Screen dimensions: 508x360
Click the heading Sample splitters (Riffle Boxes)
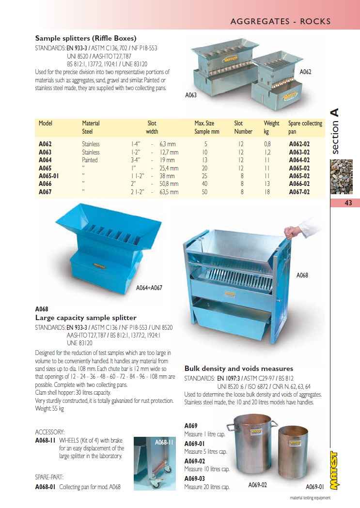tap(86, 38)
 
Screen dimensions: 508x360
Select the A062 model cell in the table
tap(45, 144)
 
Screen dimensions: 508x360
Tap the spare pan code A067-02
tap(299, 192)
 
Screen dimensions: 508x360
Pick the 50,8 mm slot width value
tap(169, 184)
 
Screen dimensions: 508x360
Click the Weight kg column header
tap(271, 127)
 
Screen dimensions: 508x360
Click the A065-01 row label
tap(48, 176)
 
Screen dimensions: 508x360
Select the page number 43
tap(348, 203)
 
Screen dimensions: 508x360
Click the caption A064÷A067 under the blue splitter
tap(149, 288)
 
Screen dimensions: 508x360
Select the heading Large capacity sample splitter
tap(86, 318)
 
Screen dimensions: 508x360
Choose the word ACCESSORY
tap(50, 432)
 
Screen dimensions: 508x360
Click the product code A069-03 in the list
tap(195, 478)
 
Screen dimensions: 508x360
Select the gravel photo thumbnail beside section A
tap(342, 177)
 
